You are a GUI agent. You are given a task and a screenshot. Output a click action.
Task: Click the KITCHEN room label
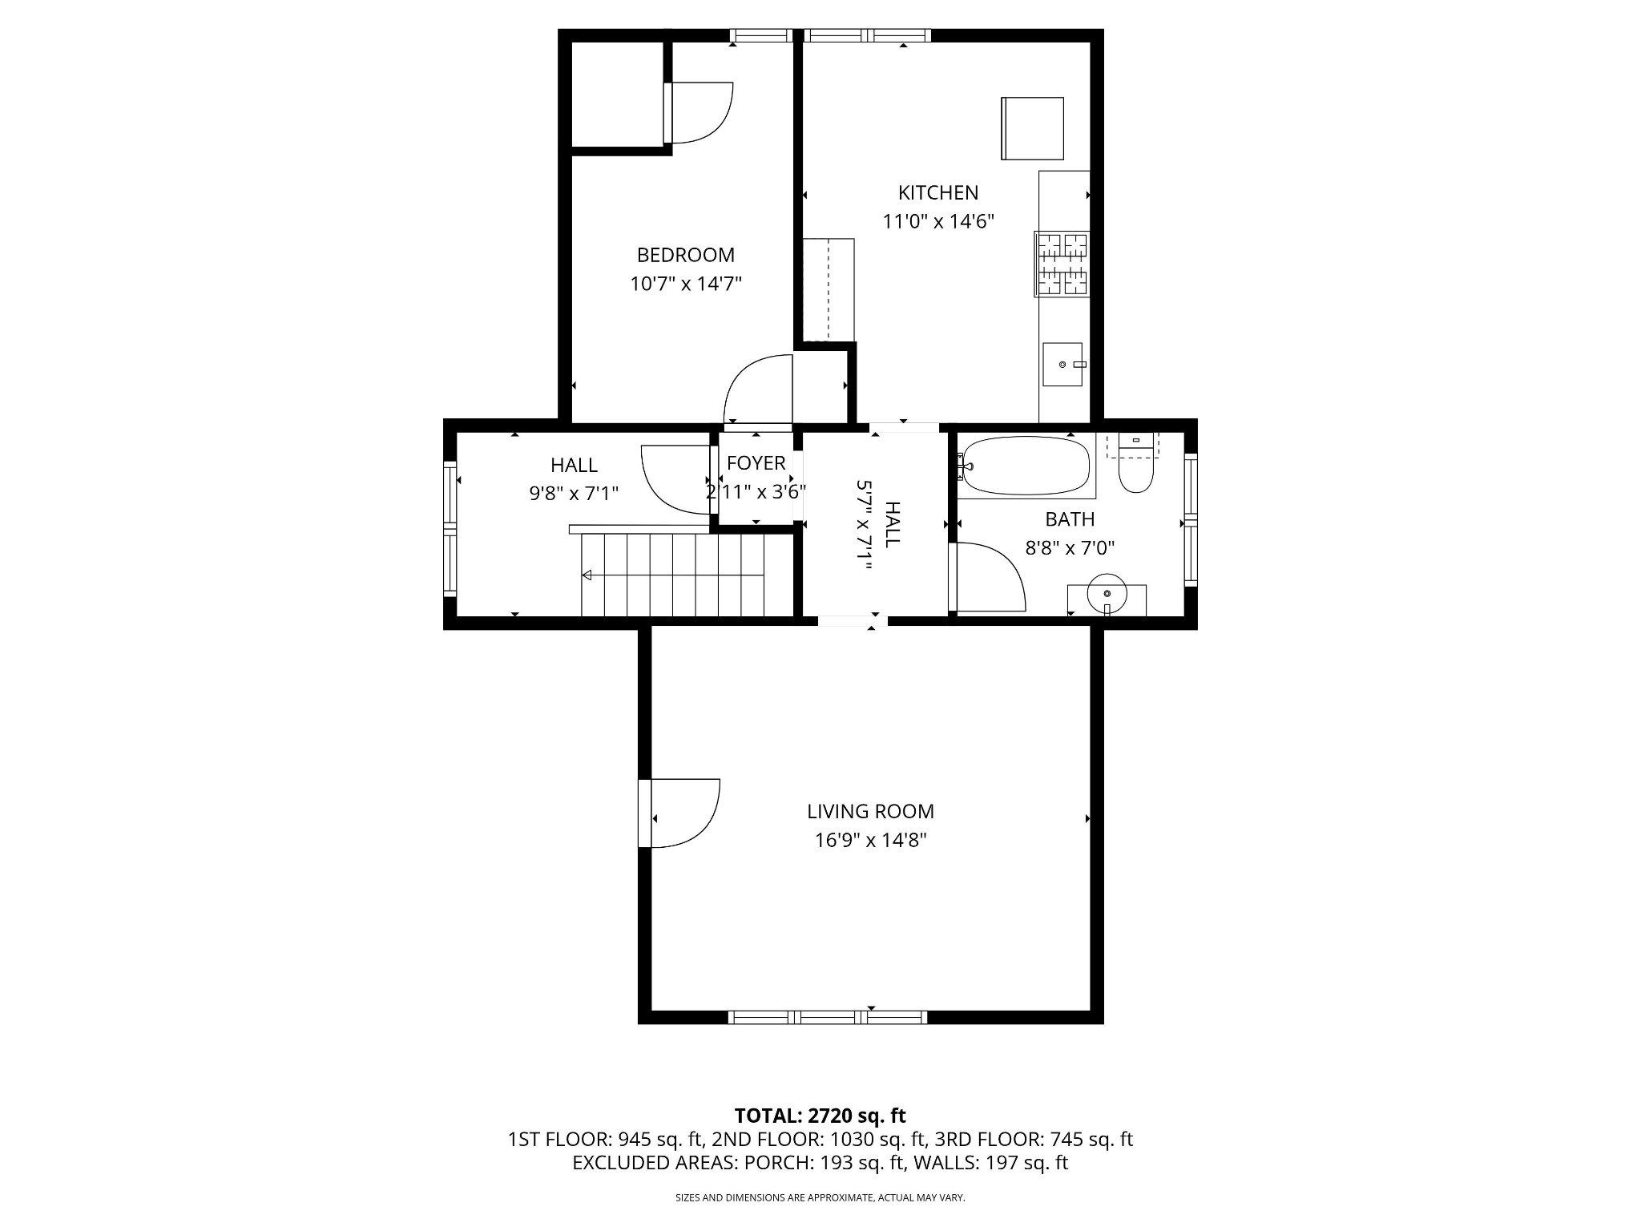[937, 192]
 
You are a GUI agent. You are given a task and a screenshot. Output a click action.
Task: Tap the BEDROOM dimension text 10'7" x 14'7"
[686, 284]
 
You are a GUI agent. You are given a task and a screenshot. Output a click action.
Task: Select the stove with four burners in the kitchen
[1062, 264]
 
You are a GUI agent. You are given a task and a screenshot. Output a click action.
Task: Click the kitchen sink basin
[1062, 365]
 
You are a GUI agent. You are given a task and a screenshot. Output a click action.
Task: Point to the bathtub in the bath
[1026, 466]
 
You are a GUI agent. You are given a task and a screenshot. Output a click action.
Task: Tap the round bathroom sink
[1107, 594]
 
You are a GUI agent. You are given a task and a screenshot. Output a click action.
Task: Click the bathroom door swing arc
[990, 575]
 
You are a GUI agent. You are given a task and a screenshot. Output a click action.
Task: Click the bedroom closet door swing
[701, 112]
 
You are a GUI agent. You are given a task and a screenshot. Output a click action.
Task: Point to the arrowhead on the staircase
[587, 575]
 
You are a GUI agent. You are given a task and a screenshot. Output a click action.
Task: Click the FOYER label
[756, 463]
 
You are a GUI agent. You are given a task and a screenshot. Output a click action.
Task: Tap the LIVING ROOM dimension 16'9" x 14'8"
[870, 840]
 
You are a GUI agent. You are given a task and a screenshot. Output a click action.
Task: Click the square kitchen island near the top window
[1032, 128]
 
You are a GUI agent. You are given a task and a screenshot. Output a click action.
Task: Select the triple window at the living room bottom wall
[828, 1017]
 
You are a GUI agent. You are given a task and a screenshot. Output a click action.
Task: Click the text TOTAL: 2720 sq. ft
[820, 1116]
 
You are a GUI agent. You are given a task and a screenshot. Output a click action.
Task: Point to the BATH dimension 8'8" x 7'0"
[1070, 548]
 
